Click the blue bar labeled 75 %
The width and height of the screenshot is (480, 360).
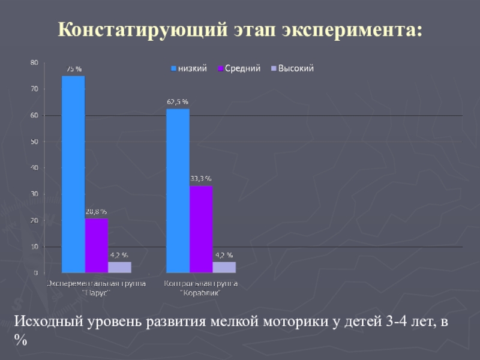(x=73, y=174)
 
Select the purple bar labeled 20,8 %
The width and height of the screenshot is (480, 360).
(x=97, y=245)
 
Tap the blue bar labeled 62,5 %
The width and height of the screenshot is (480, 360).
(x=178, y=191)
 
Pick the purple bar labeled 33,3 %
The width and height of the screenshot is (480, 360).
(x=201, y=229)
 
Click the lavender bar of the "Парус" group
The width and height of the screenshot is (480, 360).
(x=119, y=267)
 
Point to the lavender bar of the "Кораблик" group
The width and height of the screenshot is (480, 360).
(x=224, y=267)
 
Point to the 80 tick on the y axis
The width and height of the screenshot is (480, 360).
(x=34, y=62)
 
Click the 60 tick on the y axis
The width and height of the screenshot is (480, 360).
(x=34, y=115)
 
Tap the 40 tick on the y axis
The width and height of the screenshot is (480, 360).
(x=34, y=168)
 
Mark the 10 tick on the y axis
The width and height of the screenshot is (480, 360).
(x=34, y=247)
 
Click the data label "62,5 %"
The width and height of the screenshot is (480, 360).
(x=178, y=102)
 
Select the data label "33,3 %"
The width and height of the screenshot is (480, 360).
(x=201, y=179)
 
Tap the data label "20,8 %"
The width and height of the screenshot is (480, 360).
(x=97, y=212)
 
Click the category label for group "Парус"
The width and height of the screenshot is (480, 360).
(x=97, y=287)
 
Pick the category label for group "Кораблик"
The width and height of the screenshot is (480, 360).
(x=201, y=287)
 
